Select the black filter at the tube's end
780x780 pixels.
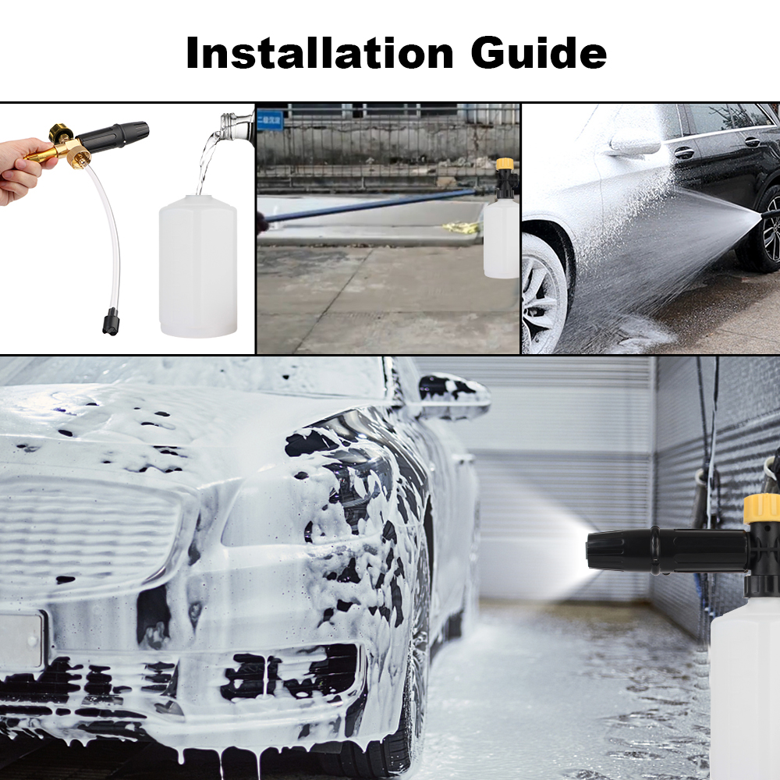(109, 320)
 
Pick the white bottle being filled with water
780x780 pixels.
(198, 265)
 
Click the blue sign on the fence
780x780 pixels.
(270, 119)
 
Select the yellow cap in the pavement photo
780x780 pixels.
(505, 165)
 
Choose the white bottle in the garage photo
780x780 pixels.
(745, 686)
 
